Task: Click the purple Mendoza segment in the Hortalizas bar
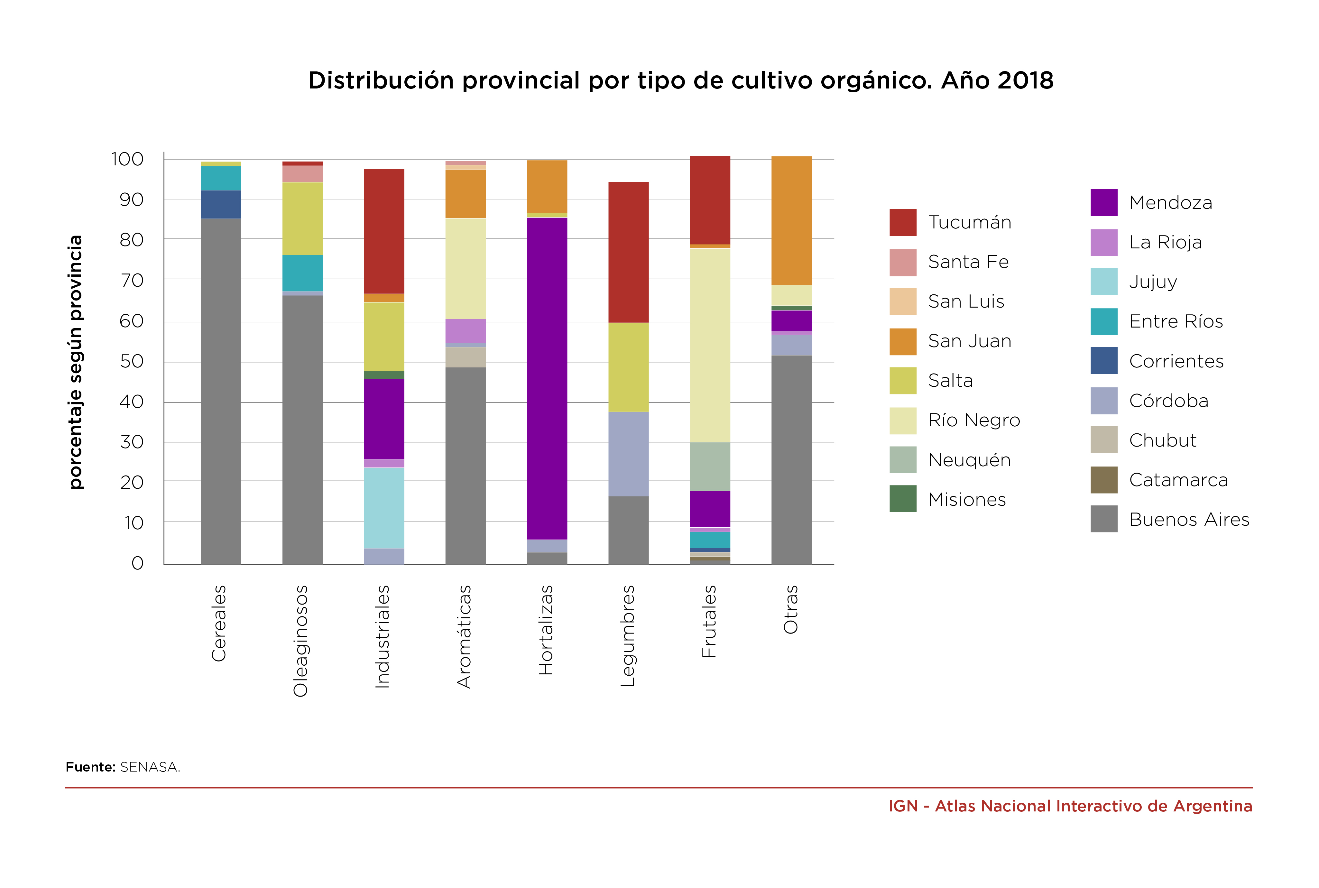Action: [547, 378]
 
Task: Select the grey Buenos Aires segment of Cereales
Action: [221, 391]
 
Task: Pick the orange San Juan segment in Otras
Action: [791, 220]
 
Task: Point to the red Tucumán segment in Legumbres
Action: [628, 252]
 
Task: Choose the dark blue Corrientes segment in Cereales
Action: [221, 204]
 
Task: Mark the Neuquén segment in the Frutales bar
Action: [710, 466]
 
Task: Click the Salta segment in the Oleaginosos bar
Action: [302, 218]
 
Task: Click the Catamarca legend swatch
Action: [1104, 480]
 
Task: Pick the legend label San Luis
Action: [966, 301]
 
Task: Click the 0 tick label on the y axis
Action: [138, 563]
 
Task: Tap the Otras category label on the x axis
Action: [790, 609]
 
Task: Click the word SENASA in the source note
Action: [150, 767]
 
